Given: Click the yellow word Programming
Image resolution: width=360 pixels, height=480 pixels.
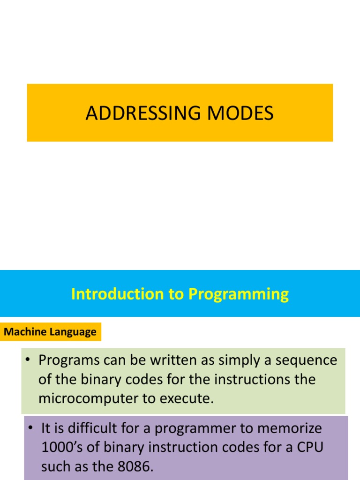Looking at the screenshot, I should point(239,295).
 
